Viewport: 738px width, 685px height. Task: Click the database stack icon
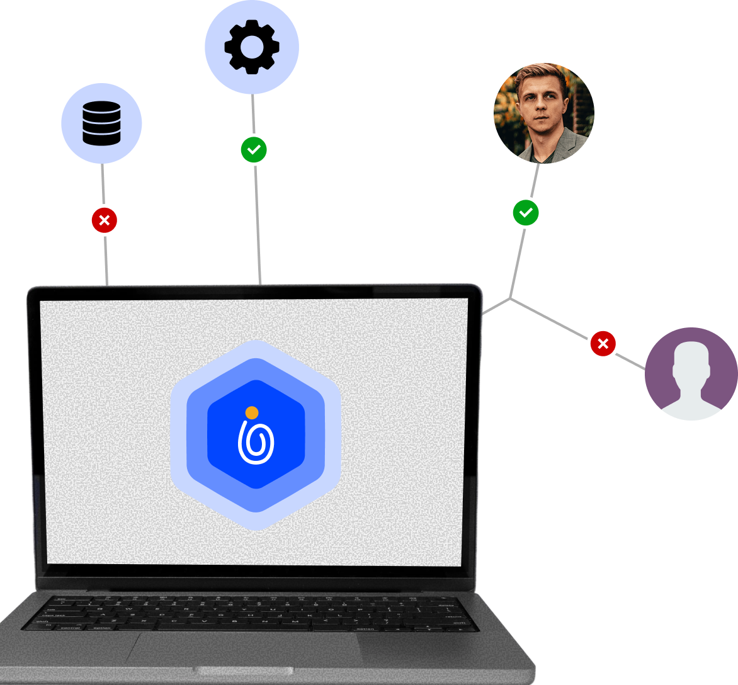[x=101, y=123]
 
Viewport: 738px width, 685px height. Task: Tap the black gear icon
[x=251, y=47]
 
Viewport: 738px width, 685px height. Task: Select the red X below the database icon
[x=105, y=220]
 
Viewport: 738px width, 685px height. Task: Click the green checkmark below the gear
[x=254, y=150]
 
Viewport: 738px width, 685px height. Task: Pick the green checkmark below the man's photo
[x=526, y=213]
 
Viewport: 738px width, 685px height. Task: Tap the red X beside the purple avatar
[x=603, y=344]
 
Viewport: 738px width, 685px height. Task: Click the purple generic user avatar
[x=691, y=374]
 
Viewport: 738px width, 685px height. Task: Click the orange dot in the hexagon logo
[x=252, y=412]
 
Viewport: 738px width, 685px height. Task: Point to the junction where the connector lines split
[x=510, y=298]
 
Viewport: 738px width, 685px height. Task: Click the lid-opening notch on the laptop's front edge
[x=244, y=671]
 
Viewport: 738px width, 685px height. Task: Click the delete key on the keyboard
[x=446, y=604]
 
